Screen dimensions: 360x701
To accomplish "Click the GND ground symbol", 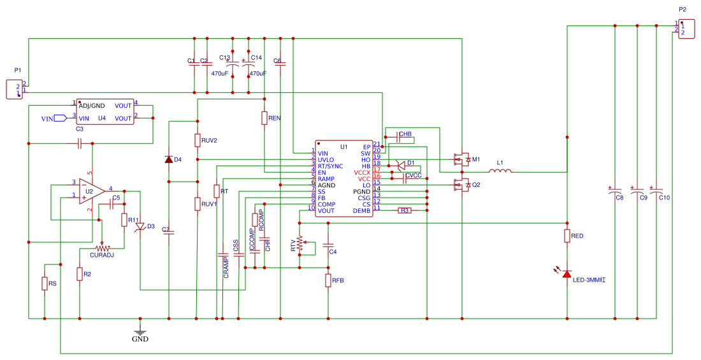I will click(140, 331).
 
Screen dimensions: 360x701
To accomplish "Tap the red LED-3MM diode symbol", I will click(567, 274).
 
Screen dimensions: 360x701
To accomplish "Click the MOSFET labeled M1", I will click(460, 159).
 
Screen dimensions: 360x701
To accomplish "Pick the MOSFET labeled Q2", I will click(460, 185).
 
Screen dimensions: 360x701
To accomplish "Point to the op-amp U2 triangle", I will click(91, 191).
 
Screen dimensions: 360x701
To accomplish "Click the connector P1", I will click(14, 89).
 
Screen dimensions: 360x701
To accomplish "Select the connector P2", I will click(686, 29).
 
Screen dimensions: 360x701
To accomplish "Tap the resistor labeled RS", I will click(45, 284).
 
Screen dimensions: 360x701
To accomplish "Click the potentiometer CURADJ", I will click(102, 248).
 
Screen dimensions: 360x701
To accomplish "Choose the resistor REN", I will click(264, 118).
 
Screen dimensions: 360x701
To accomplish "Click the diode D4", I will click(168, 159).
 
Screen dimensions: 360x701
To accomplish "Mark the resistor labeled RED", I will click(567, 236).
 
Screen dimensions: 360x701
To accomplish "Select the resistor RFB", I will click(328, 280).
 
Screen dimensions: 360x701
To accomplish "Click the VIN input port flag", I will click(60, 118).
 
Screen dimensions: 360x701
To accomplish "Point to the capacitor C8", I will click(615, 191).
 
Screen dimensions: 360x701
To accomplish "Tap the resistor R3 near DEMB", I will click(404, 210).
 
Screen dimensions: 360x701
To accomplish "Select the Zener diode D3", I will click(140, 226).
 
